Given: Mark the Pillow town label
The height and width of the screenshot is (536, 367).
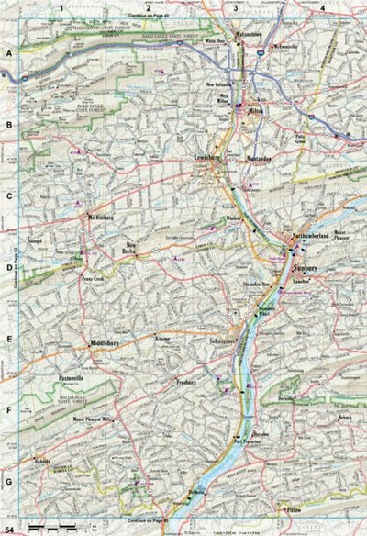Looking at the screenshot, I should tap(294, 508).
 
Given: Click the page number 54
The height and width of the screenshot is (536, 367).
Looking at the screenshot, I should tap(9, 530).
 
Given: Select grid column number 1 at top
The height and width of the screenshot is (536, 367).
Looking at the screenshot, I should tap(61, 8).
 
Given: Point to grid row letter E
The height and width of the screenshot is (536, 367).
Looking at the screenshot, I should tap(9, 338).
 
